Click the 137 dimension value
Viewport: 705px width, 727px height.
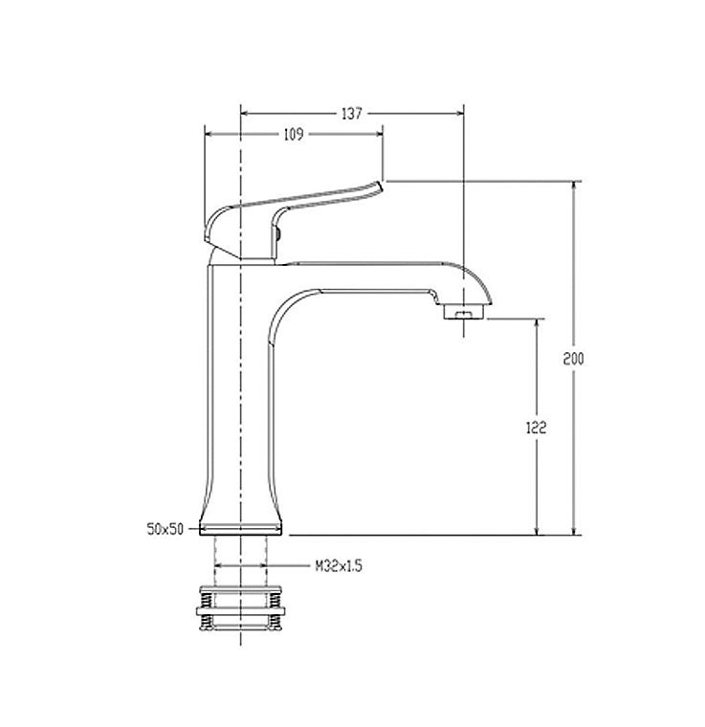coord(352,114)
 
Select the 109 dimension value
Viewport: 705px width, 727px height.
coord(294,135)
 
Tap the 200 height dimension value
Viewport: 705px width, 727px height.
coord(573,359)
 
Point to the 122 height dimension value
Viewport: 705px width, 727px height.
coord(537,428)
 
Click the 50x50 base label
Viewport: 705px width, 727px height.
coord(165,529)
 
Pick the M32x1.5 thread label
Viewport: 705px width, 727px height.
coord(339,566)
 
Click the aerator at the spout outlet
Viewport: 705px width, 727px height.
coord(464,311)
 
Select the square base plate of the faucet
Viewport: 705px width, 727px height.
coord(240,530)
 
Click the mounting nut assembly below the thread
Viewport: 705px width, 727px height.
coord(240,608)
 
